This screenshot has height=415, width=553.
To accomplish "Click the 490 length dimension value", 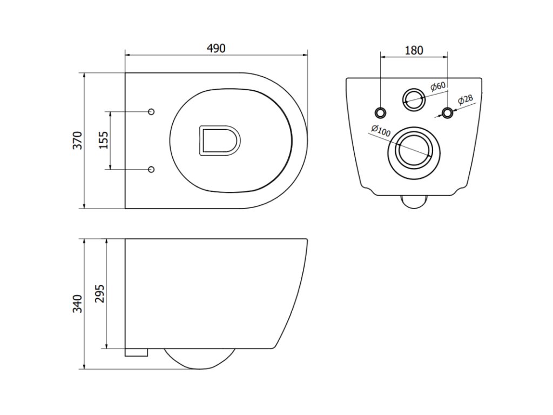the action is coord(216,48).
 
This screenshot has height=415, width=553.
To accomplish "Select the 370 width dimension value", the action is coord(77,140).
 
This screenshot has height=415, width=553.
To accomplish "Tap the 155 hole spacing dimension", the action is coord(103,140).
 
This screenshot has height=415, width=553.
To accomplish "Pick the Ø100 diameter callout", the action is coord(380,131).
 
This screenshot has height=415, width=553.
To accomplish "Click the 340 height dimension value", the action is coord(77,304).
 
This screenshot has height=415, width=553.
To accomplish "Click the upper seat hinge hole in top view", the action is coord(151,111).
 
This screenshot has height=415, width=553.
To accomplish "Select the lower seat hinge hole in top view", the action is coord(151,170).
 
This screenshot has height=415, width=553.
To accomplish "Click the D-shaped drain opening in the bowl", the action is coord(219,140).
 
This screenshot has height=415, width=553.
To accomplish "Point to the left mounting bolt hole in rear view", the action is coord(381,112).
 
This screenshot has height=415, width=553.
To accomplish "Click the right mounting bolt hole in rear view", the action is coord(447,112).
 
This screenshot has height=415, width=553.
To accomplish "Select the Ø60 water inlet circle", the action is coord(414,98).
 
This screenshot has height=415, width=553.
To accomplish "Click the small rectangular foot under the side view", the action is coord(136,352).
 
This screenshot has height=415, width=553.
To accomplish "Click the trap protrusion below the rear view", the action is coord(414,201).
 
